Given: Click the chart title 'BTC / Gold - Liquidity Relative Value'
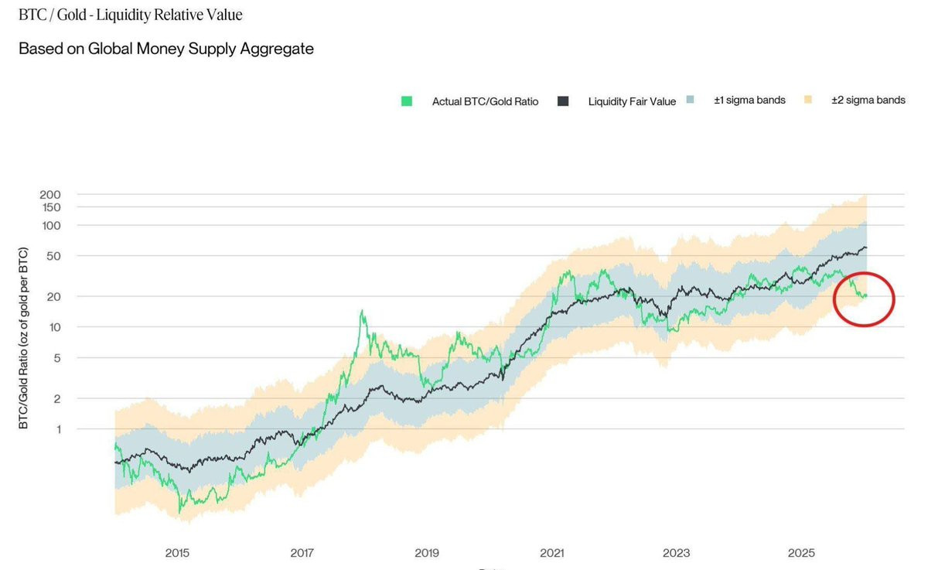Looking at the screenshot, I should [x=130, y=15].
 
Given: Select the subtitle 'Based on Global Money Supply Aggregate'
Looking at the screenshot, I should [x=165, y=49].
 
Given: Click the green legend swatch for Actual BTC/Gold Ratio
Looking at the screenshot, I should [x=407, y=101].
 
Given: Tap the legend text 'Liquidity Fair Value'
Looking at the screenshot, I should [x=632, y=101].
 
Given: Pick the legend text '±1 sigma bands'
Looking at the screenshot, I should [x=749, y=101].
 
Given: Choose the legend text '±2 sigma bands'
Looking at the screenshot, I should [x=868, y=101].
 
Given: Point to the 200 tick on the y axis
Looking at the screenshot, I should [x=50, y=195].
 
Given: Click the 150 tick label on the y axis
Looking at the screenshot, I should [x=50, y=207].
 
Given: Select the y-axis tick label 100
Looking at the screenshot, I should [x=50, y=225].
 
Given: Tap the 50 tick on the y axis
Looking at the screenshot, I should [x=53, y=256].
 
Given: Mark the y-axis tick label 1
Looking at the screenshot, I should [x=56, y=428].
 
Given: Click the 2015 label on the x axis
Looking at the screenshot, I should [x=177, y=553].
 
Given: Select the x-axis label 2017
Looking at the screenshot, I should [x=302, y=553].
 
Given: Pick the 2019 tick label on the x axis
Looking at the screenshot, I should [x=427, y=553].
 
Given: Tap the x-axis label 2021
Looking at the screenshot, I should [x=551, y=553].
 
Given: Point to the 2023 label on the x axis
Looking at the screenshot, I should [x=676, y=553].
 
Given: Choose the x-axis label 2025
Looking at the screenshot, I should [x=801, y=553].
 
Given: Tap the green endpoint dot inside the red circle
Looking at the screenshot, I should [x=865, y=295].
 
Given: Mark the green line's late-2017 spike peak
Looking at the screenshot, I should [x=361, y=311].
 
